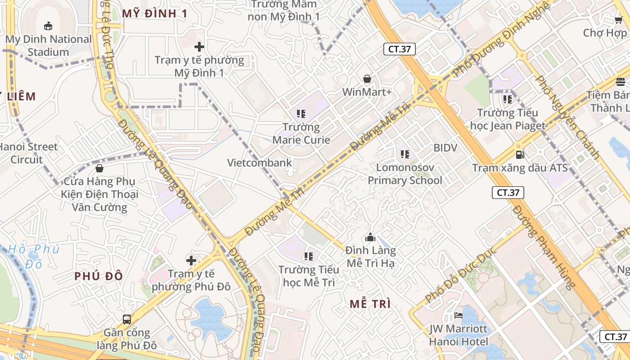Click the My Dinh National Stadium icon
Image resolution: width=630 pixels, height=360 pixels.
click(x=48, y=26)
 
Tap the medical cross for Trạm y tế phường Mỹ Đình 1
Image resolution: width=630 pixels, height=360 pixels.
click(x=199, y=46)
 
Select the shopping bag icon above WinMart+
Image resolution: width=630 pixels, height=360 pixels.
click(x=367, y=79)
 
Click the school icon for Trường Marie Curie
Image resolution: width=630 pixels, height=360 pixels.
click(x=301, y=114)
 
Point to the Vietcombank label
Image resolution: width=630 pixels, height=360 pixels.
click(x=259, y=163)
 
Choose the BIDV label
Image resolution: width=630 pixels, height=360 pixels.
click(x=445, y=148)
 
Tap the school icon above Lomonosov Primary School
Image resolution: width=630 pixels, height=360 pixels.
click(x=405, y=154)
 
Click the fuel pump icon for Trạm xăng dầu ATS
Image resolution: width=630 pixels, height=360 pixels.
click(x=520, y=154)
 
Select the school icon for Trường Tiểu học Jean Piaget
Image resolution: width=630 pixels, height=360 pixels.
click(x=508, y=99)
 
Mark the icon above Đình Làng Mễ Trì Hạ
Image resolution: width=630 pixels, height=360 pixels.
click(x=370, y=237)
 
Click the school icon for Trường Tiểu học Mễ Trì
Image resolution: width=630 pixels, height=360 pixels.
click(x=308, y=256)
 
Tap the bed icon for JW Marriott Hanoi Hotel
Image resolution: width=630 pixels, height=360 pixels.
click(x=458, y=315)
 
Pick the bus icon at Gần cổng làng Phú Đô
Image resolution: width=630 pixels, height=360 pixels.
click(x=127, y=319)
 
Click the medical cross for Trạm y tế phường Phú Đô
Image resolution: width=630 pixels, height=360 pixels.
click(x=191, y=260)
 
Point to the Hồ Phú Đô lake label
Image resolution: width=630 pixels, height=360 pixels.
click(x=34, y=256)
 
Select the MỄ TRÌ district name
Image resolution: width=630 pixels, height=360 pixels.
click(x=370, y=304)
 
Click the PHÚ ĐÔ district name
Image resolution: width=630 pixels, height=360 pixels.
click(x=99, y=276)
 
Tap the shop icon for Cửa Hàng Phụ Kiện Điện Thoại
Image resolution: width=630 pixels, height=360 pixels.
click(x=99, y=168)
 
